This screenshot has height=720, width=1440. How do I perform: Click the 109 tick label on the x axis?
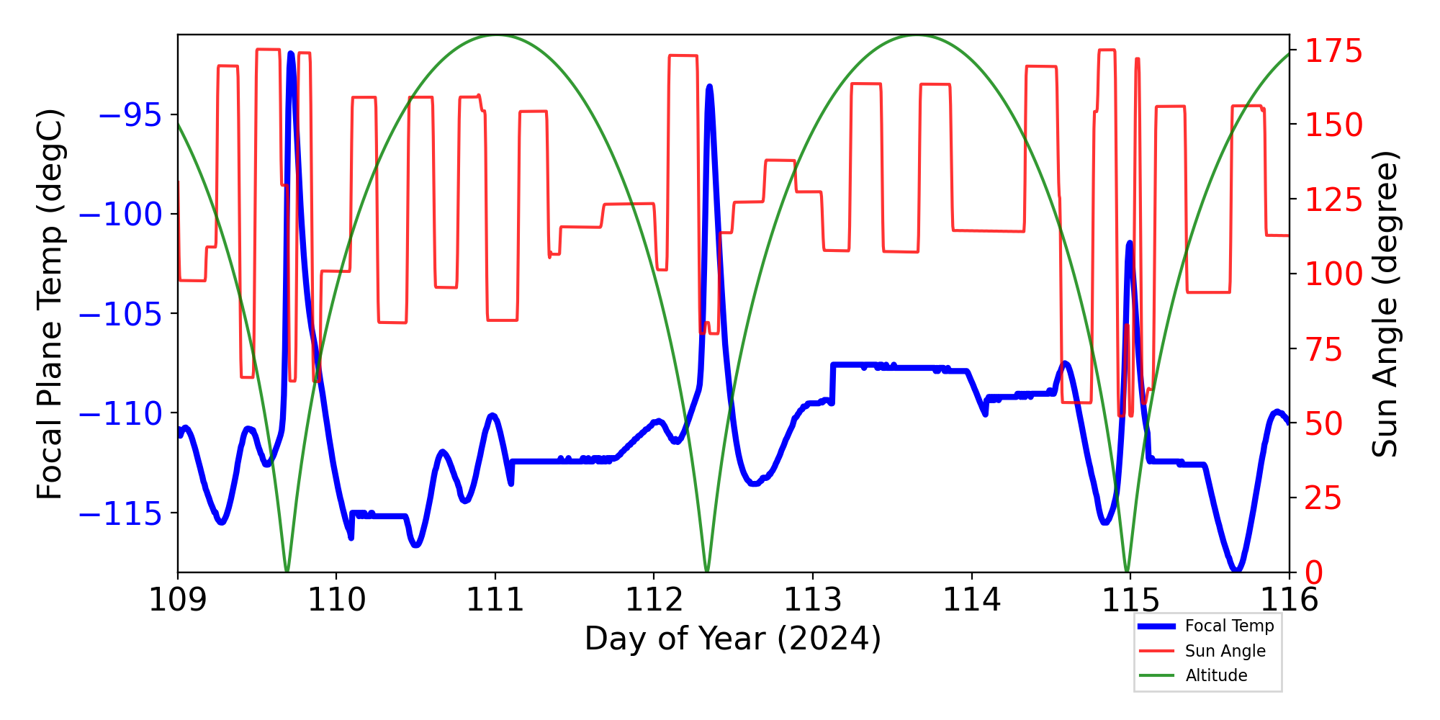tap(177, 600)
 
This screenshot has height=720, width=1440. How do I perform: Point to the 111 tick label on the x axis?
tap(495, 600)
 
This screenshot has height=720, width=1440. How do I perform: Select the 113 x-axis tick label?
tap(812, 600)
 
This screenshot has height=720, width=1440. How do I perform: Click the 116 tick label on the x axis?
tap(1289, 600)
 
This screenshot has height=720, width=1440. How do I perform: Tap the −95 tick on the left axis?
tap(130, 115)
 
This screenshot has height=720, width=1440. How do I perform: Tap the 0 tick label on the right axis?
tap(1314, 573)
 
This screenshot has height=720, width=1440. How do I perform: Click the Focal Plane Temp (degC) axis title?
tap(50, 304)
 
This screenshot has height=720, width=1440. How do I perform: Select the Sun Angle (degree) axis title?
tap(1384, 304)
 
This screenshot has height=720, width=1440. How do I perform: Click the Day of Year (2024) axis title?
tap(733, 639)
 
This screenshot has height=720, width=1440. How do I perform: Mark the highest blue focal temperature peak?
tap(291, 53)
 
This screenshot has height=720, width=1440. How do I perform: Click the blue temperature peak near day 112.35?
tap(709, 86)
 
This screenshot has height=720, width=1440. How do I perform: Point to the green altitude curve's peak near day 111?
tap(496, 35)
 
